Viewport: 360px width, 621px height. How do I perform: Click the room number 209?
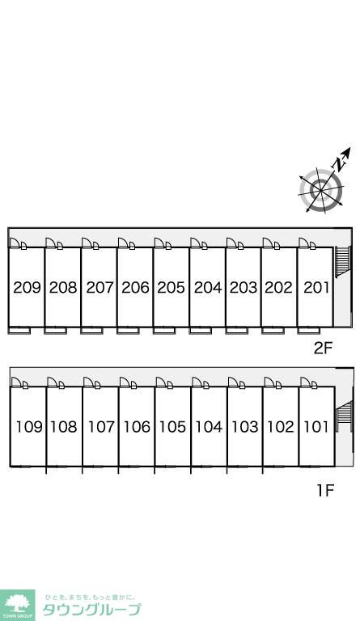tap(27, 287)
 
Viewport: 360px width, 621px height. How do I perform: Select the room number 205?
tap(171, 287)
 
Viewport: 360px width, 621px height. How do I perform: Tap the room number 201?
tap(316, 287)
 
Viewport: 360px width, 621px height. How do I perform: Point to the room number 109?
tap(29, 427)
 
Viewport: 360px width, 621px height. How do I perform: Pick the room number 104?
tap(209, 427)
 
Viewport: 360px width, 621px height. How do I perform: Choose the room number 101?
tap(316, 427)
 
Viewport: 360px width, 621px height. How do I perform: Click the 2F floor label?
tap(322, 349)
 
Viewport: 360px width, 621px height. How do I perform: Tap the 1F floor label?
tap(325, 491)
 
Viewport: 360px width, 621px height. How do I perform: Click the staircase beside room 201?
tap(343, 262)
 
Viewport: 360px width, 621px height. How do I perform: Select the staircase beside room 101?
tap(344, 416)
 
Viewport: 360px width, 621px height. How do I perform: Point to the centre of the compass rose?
tap(321, 191)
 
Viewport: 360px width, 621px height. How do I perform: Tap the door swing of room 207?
tap(87, 243)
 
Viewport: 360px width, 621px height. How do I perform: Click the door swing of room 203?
tap(231, 243)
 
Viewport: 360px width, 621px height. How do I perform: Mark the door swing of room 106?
tap(125, 382)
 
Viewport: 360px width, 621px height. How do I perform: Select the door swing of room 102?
tap(269, 382)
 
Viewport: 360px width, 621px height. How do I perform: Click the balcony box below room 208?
tap(56, 330)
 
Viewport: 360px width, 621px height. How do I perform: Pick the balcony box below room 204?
tap(201, 330)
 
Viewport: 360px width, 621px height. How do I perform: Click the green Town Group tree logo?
tap(17, 605)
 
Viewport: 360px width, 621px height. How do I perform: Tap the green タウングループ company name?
tap(91, 610)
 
